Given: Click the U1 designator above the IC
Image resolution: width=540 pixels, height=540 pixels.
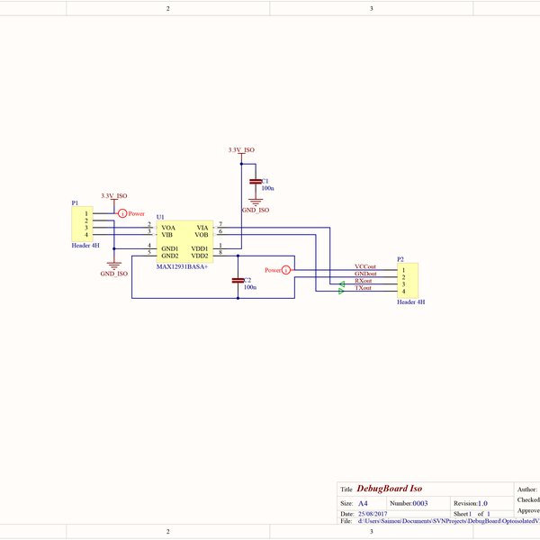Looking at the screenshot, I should click(x=160, y=217).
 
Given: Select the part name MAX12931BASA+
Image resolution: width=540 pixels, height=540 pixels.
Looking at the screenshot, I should click(x=183, y=267).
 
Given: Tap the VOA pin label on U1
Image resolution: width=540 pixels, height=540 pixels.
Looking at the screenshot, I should click(x=168, y=228).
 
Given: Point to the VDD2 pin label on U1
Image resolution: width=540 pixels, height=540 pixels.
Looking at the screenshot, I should click(x=199, y=256).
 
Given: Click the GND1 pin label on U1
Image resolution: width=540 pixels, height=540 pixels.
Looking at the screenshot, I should click(x=170, y=247).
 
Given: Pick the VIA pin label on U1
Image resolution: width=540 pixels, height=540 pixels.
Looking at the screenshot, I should click(x=202, y=228).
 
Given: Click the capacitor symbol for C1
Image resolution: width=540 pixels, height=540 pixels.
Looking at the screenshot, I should click(x=255, y=183).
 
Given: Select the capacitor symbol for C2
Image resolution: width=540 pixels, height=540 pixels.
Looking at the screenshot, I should click(x=238, y=281).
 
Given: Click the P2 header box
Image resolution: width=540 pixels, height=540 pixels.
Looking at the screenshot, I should click(x=409, y=280).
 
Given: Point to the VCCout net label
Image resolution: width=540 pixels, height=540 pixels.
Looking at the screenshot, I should click(x=365, y=267).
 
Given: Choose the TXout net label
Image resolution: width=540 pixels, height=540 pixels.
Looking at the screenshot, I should click(x=364, y=288).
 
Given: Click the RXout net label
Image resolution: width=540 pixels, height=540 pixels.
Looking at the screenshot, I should click(x=364, y=281).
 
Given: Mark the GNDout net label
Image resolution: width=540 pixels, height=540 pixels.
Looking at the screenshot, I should click(x=365, y=274).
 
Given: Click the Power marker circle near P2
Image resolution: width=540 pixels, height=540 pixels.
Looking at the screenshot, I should click(x=287, y=269).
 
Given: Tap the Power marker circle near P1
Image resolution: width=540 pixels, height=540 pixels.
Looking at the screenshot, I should click(x=122, y=213).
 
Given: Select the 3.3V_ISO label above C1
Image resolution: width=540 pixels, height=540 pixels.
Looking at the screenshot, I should click(x=241, y=150).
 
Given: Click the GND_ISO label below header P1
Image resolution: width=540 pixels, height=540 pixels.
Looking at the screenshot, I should click(x=113, y=273).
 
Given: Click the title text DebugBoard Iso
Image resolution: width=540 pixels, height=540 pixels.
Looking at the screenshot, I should click(x=390, y=488).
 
